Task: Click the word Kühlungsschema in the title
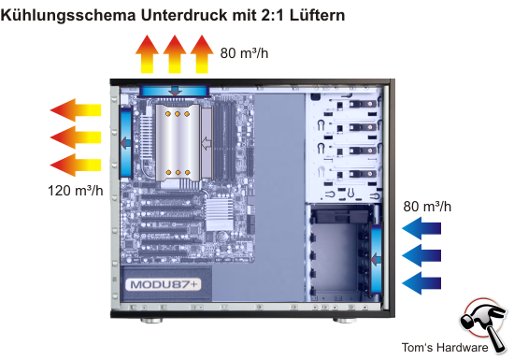click(x=68, y=15)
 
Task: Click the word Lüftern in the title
click(x=317, y=15)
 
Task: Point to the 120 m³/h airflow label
click(x=76, y=191)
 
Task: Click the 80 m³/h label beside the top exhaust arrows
click(x=244, y=52)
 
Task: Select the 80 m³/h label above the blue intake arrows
click(x=427, y=207)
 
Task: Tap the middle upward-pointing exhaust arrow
click(x=175, y=54)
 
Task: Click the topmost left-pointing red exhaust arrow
click(x=76, y=109)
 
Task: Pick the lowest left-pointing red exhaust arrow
click(x=76, y=165)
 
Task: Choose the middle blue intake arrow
click(x=421, y=255)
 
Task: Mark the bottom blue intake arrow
click(x=421, y=283)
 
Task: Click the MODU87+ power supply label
click(x=164, y=284)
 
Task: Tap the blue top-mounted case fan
click(x=175, y=91)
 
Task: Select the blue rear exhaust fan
click(x=125, y=142)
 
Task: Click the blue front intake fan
click(x=376, y=260)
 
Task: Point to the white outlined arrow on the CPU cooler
click(x=207, y=143)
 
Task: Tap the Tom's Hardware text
click(x=445, y=347)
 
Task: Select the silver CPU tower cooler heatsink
click(x=178, y=143)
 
